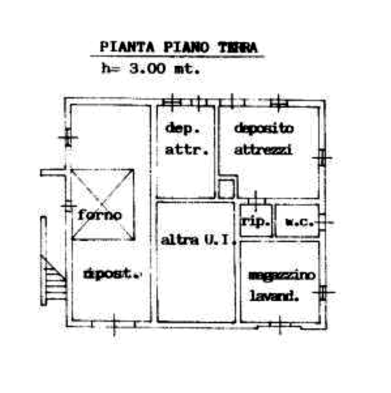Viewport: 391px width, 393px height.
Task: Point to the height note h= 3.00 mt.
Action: tap(152, 68)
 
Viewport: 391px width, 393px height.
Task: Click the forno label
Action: tap(100, 215)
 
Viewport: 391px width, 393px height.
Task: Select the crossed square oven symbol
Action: tap(102, 204)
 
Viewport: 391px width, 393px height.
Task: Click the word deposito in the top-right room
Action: tap(265, 128)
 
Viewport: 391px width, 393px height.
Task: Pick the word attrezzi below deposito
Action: tap(265, 151)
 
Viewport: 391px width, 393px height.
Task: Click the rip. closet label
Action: tap(256, 223)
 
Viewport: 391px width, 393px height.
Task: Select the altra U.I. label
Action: tap(194, 239)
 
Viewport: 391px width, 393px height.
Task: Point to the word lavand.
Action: tap(275, 296)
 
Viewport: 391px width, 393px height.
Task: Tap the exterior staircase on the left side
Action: tap(51, 279)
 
